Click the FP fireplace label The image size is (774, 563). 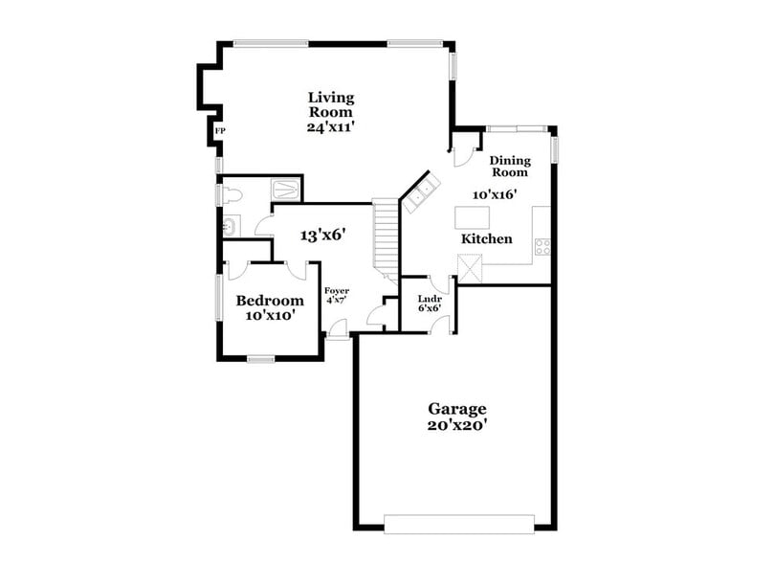(219, 130)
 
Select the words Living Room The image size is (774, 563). (331, 104)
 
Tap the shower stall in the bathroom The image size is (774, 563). (286, 189)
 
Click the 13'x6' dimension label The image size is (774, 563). (321, 235)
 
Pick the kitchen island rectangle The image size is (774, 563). (473, 217)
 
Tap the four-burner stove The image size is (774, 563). (542, 247)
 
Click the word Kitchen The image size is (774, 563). (486, 238)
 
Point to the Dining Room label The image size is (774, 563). (509, 167)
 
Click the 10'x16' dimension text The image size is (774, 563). (495, 194)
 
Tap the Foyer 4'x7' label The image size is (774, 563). (336, 295)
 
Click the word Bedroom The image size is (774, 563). (270, 301)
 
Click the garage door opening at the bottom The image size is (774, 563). (459, 524)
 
